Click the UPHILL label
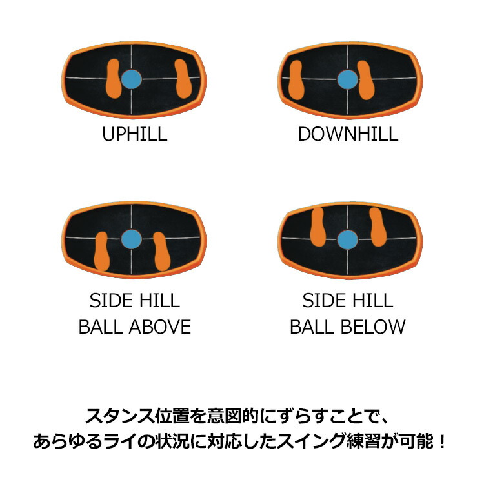click(x=135, y=134)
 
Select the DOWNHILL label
click(x=348, y=134)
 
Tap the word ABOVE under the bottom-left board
click(x=160, y=327)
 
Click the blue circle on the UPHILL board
click(x=132, y=79)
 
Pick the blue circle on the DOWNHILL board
click(x=348, y=79)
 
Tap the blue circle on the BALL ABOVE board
click(x=132, y=239)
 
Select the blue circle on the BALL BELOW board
click(x=348, y=240)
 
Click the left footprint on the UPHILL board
click(x=113, y=79)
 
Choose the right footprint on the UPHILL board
click(x=183, y=79)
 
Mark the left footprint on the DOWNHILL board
click(x=296, y=80)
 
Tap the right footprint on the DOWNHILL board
click(x=366, y=80)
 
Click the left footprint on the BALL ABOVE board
click(x=101, y=252)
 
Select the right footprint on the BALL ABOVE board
click(x=162, y=252)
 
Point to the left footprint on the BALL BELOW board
click(x=318, y=227)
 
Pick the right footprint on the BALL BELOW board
click(x=378, y=227)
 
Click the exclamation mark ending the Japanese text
click(x=442, y=441)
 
